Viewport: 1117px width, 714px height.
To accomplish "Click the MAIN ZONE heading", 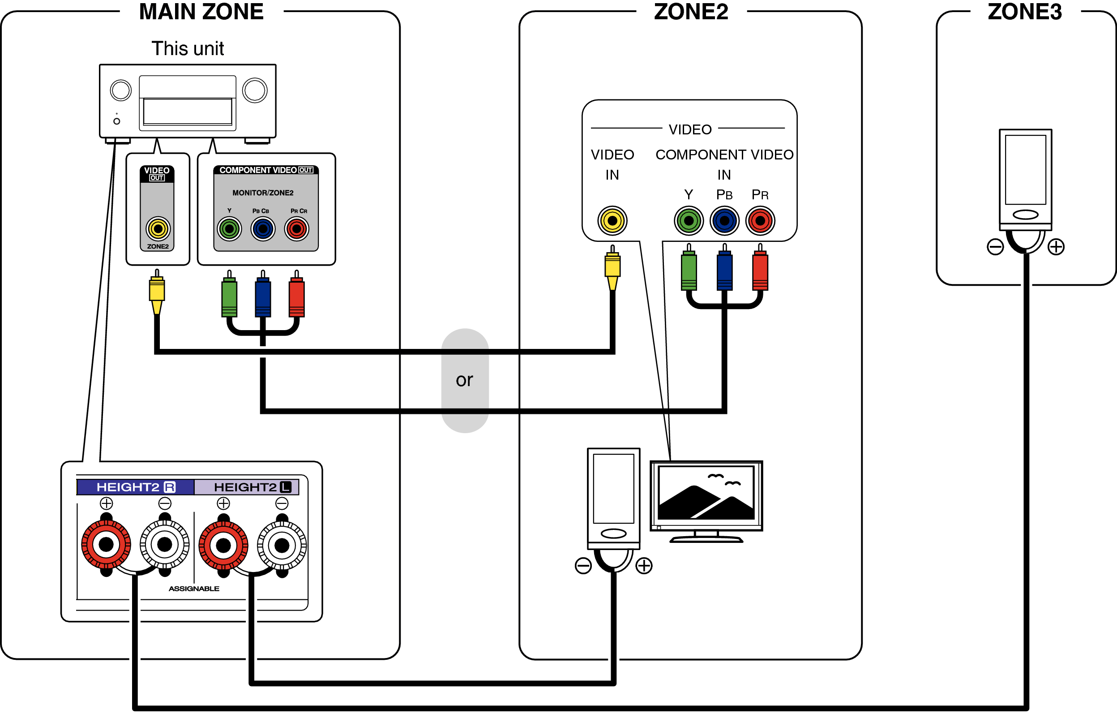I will coord(201,12).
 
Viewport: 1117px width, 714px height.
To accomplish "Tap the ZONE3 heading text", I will coord(1025,12).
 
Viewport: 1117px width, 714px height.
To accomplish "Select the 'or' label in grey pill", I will coord(464,380).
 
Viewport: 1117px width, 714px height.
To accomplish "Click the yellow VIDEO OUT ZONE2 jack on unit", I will coord(158,229).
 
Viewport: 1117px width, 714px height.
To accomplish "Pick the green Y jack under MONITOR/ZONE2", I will coord(229,229).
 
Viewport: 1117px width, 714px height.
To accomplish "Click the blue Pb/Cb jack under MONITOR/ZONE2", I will coord(263,229).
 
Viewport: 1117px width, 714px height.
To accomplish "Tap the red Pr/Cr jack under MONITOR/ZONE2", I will coord(297,229).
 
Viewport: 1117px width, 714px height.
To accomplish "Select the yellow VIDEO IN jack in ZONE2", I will coord(612,220).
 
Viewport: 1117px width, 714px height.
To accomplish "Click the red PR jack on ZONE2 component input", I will coord(760,220).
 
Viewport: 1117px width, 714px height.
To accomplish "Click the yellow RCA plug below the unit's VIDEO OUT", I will coord(157,290).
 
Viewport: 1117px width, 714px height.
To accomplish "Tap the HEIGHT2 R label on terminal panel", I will coord(136,487).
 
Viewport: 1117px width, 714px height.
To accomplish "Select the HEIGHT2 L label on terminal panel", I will coord(253,487).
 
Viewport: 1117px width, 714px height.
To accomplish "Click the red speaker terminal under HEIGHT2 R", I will coord(106,545).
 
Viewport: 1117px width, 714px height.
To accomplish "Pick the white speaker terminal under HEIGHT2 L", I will coord(282,545).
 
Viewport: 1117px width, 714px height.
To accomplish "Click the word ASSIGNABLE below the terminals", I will coord(194,589).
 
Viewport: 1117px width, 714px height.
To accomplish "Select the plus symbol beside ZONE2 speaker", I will coord(644,565).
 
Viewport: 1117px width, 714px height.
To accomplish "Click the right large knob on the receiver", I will coord(255,90).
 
